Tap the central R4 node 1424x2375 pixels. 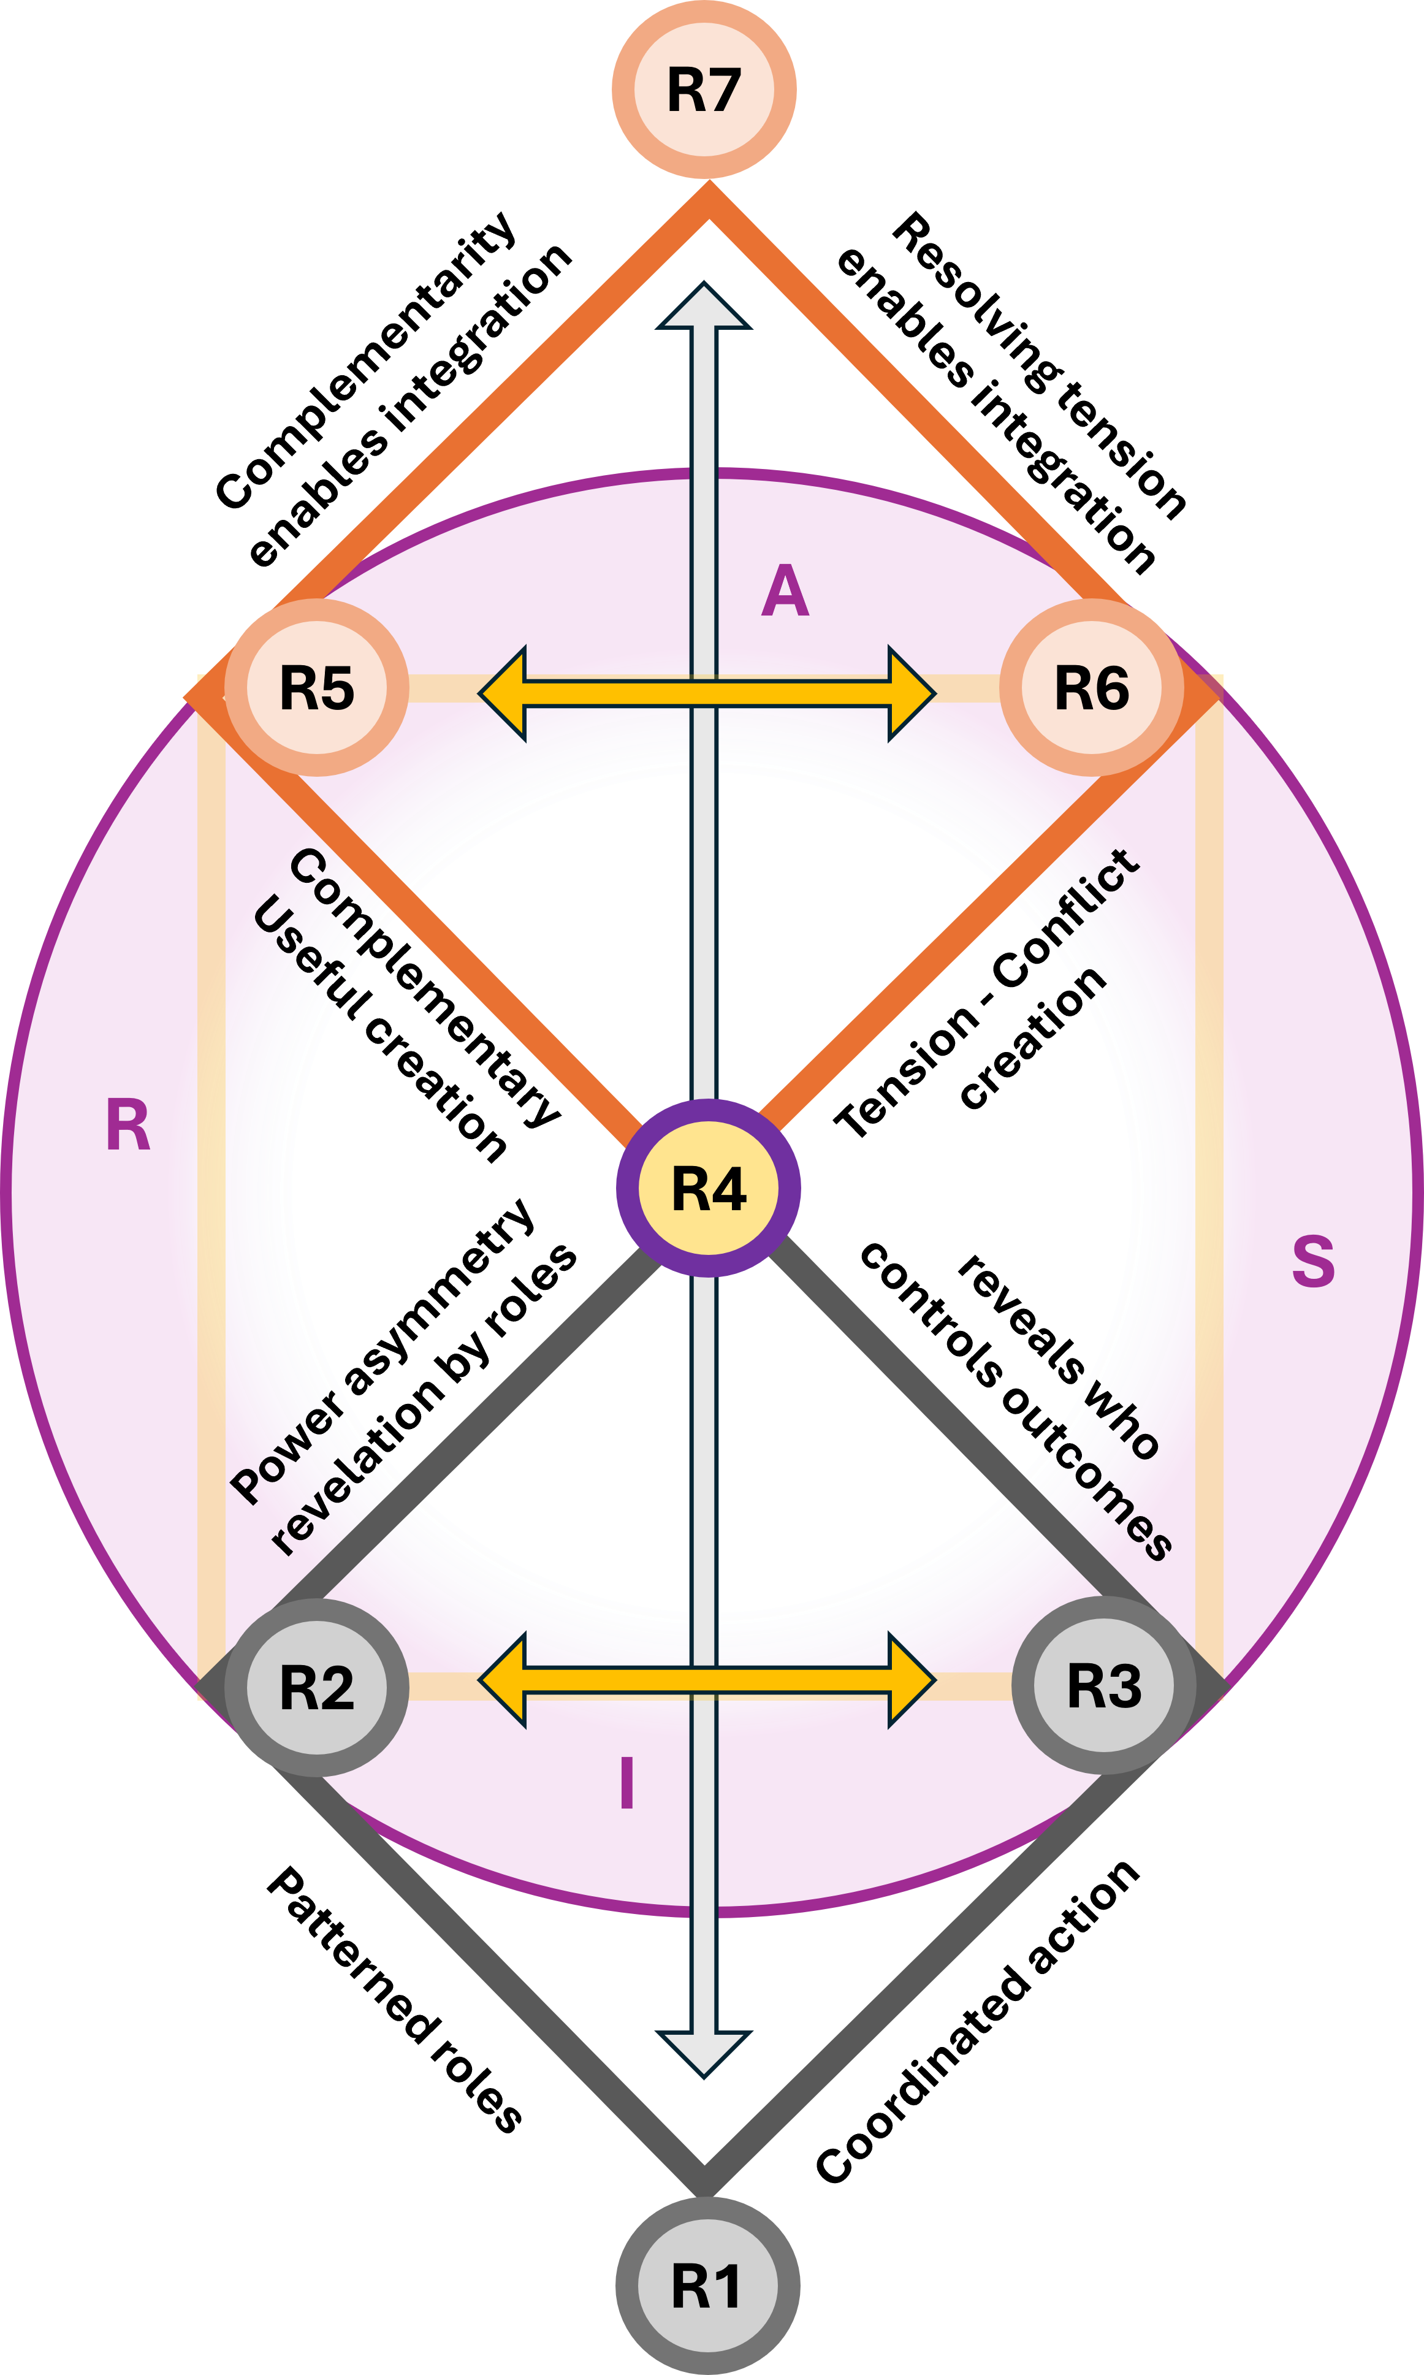tap(708, 1188)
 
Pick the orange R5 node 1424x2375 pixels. tap(317, 688)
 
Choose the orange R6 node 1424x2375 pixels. tap(1092, 688)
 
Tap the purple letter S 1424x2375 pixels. tap(1312, 1261)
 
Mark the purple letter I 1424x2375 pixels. tap(626, 1783)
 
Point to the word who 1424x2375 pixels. tap(1121, 1421)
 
